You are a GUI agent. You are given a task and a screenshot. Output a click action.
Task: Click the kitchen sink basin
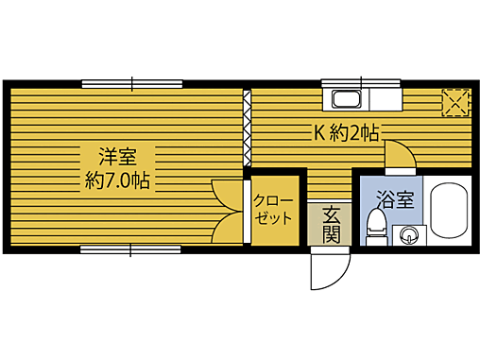point(346,99)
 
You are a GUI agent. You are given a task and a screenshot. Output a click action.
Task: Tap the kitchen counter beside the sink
point(385,99)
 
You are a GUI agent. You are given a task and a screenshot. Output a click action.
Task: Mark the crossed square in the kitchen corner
point(456,101)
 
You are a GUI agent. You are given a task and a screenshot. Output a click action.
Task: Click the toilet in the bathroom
point(375,228)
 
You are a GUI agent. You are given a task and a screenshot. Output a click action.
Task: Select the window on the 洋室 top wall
point(130,82)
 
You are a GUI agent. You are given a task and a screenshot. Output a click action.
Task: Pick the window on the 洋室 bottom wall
point(130,249)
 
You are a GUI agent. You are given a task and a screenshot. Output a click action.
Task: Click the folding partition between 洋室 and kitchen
point(248,128)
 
